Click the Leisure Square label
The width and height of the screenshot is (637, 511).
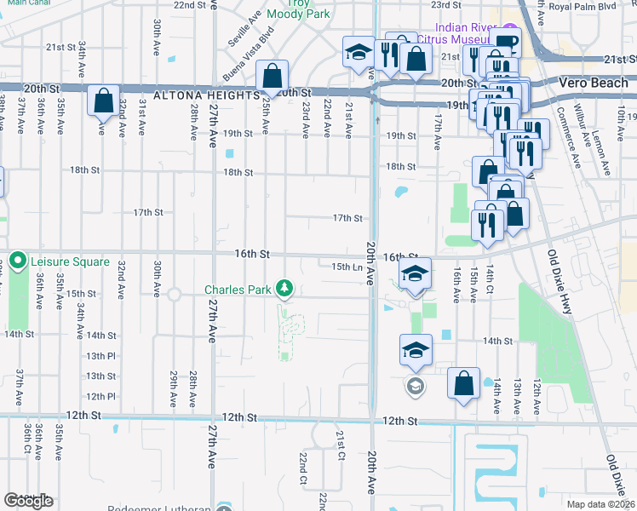click(71, 261)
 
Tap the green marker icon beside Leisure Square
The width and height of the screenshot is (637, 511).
click(18, 261)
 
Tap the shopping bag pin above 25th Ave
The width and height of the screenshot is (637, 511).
click(271, 77)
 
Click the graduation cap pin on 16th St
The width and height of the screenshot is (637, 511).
click(415, 273)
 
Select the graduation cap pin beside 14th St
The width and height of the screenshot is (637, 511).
click(416, 350)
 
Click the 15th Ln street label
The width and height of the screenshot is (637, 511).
click(347, 267)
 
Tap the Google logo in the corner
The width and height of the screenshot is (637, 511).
click(29, 500)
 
